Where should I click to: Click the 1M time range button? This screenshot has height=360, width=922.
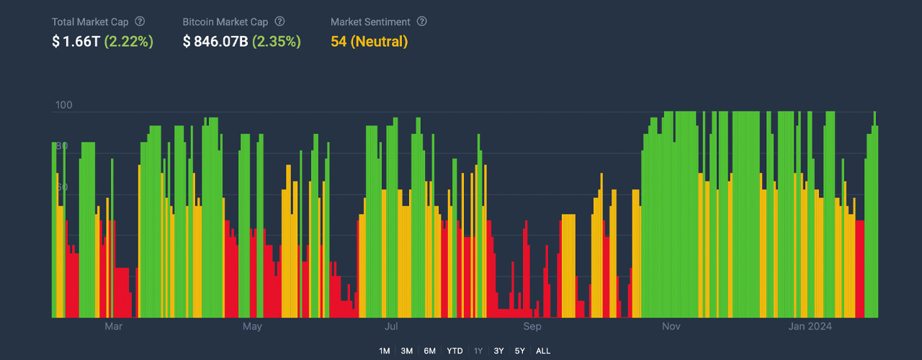(384, 351)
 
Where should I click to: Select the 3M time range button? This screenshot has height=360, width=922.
(407, 351)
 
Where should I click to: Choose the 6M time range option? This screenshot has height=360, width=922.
(430, 351)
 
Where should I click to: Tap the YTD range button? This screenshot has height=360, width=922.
(455, 351)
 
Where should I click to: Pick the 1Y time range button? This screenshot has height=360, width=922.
(478, 351)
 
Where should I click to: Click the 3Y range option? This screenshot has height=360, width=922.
(499, 351)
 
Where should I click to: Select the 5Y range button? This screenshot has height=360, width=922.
(519, 351)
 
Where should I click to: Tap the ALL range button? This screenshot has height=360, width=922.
(543, 351)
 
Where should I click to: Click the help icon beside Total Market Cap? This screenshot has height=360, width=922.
(140, 22)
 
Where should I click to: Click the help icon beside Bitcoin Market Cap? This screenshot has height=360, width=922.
(279, 22)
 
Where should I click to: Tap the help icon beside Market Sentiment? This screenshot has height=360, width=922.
(422, 22)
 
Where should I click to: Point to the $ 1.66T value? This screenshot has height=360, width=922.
(76, 42)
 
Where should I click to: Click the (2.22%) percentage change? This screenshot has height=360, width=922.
(129, 42)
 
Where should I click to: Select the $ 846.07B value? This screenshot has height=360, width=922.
(215, 42)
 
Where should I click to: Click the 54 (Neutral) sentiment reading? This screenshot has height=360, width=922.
(369, 42)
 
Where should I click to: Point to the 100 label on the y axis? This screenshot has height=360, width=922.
(64, 105)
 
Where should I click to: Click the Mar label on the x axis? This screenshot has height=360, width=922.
(113, 327)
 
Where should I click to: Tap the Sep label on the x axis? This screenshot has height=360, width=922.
(532, 327)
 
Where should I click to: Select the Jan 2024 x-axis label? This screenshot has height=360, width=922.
(810, 327)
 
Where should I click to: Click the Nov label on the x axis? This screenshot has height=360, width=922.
(671, 327)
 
